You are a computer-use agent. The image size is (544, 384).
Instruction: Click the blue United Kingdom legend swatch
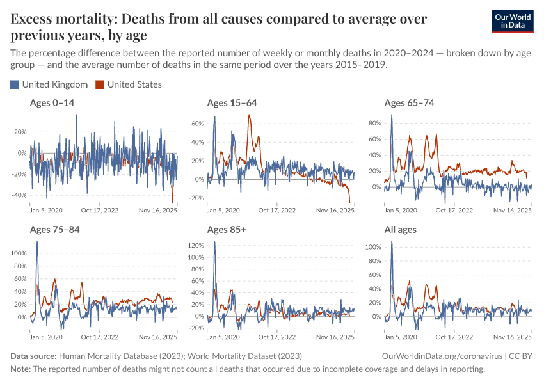(x=15, y=84)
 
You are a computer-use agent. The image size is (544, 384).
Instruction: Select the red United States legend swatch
(x=100, y=84)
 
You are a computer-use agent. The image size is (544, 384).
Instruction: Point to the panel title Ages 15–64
(x=232, y=103)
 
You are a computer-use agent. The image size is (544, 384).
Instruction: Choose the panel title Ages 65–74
(x=409, y=103)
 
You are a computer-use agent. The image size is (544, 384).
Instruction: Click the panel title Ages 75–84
(x=54, y=229)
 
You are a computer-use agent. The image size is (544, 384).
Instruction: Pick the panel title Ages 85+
(x=227, y=229)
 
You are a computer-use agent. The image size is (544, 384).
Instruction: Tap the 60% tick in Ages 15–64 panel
(x=197, y=123)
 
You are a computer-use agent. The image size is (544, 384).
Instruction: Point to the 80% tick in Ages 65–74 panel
(x=374, y=123)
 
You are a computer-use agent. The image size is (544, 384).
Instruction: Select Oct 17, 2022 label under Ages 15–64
(x=276, y=211)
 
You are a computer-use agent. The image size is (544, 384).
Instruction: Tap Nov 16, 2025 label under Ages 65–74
(x=514, y=211)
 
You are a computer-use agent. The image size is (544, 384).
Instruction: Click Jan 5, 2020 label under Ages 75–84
(x=45, y=337)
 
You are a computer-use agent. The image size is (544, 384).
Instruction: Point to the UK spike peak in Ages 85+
(x=214, y=242)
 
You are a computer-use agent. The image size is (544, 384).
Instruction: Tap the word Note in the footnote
(x=20, y=369)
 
